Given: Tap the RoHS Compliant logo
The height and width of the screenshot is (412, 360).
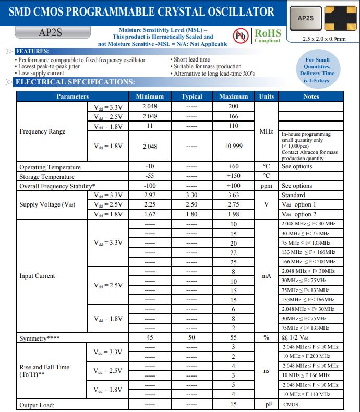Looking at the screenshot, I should point(267,35).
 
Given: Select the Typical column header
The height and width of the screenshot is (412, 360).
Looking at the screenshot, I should point(191,96).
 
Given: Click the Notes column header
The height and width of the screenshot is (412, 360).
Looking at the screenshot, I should point(311,96).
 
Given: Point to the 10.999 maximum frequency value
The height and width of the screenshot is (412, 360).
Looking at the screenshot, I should point(233,146).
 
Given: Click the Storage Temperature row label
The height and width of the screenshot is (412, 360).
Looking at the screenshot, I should point(44,176).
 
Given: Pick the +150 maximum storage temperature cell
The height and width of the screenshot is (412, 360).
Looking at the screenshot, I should point(233,176).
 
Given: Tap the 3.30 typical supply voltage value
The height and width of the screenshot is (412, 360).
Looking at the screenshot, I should point(191,195).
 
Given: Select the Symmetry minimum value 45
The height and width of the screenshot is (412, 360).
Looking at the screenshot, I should point(150,338).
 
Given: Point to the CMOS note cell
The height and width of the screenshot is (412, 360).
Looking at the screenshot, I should point(291,404).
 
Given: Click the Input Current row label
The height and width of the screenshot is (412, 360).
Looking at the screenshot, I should point(37,276).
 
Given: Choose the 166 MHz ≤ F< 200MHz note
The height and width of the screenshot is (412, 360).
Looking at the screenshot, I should point(309,262).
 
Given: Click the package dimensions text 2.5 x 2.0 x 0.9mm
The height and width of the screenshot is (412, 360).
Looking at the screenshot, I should point(324,39).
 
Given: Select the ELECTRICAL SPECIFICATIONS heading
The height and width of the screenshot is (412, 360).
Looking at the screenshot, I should point(76,82).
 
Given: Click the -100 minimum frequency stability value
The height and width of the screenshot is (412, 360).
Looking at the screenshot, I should point(150,186).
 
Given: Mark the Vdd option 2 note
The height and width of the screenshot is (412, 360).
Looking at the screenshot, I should point(299,214).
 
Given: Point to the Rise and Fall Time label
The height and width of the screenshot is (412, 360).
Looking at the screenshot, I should point(44,370).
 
